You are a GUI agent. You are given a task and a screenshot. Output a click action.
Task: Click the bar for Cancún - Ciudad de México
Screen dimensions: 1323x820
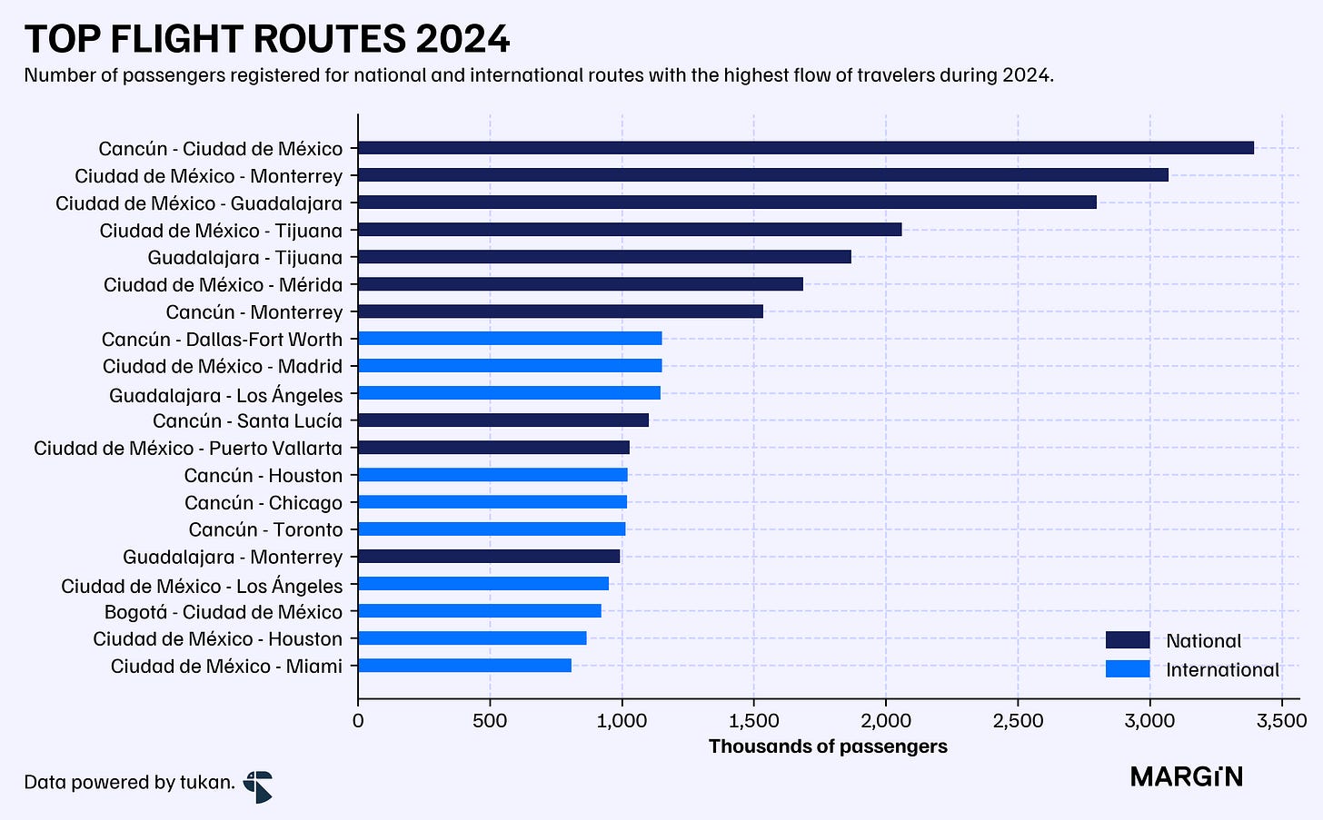point(806,148)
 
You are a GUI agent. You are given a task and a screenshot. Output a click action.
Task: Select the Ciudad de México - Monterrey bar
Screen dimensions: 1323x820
point(763,174)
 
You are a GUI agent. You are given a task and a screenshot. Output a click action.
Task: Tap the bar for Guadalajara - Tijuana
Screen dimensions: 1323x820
point(604,257)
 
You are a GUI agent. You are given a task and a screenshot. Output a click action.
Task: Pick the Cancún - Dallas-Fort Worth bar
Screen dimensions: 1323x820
point(510,339)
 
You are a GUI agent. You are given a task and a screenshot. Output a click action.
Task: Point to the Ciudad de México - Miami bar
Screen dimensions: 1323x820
point(464,666)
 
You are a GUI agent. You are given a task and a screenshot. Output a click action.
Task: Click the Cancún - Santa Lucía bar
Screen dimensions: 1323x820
point(503,420)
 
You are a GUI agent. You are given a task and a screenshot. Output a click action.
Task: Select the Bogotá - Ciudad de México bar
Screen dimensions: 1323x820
point(480,611)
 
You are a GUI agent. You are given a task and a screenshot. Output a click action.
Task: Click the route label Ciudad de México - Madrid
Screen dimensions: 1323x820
point(222,367)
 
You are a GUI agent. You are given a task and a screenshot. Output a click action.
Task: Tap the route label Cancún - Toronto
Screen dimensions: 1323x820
point(265,529)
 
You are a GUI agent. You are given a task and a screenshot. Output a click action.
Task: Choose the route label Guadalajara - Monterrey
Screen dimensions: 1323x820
point(233,558)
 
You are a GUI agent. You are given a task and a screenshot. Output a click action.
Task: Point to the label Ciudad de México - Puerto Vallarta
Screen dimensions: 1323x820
point(188,448)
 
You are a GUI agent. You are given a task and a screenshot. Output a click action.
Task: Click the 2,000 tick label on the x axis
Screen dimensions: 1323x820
point(885,721)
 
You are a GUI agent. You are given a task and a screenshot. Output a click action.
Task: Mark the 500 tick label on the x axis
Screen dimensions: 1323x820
point(490,721)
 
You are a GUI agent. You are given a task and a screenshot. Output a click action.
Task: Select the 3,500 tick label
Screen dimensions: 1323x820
point(1281,721)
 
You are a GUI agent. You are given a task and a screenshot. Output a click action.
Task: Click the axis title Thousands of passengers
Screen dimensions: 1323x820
point(828,746)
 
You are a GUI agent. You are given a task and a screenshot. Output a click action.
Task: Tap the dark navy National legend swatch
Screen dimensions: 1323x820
point(1128,640)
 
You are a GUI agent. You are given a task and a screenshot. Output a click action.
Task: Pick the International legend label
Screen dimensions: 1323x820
point(1223,670)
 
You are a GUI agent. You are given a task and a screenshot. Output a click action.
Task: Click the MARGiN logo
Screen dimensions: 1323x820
point(1187,777)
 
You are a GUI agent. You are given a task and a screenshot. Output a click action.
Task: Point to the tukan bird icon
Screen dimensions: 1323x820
point(258,786)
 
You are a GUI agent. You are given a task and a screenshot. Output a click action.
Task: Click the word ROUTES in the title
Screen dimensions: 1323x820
point(330,39)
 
